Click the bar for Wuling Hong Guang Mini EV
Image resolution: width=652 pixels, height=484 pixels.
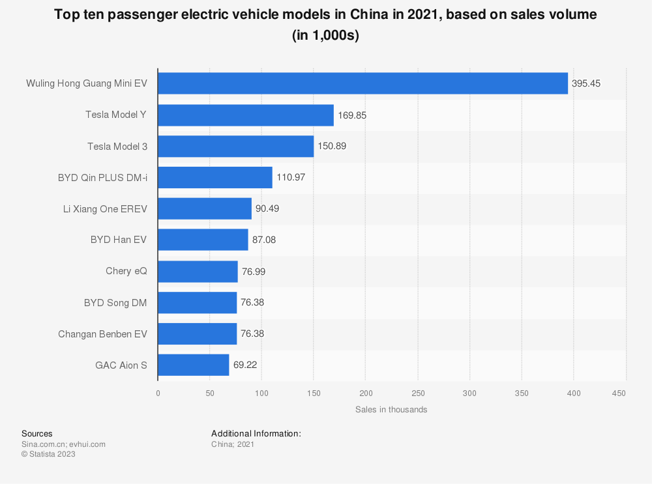(363, 83)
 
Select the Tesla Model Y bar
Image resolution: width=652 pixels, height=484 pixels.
(246, 115)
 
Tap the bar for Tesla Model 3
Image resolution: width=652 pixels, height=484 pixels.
(235, 146)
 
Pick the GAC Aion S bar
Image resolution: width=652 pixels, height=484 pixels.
(194, 365)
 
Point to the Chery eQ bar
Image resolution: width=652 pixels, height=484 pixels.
(198, 271)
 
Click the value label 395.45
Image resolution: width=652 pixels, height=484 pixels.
(586, 83)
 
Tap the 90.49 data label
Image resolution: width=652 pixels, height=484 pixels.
(269, 208)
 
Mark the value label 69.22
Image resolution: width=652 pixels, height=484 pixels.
(245, 365)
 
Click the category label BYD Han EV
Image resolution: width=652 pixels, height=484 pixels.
(119, 240)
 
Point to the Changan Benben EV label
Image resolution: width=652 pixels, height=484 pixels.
(102, 334)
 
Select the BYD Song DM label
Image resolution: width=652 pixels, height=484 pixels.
(115, 302)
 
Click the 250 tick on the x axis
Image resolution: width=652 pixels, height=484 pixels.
(418, 393)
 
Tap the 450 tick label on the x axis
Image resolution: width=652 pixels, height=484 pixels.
(619, 393)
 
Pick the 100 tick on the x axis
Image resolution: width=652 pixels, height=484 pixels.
(261, 393)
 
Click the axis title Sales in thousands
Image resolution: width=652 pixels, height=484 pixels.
(391, 410)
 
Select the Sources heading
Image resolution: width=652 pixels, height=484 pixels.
(37, 433)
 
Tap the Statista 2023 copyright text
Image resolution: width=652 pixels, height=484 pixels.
(48, 454)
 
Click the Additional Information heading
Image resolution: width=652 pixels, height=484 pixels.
(256, 433)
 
